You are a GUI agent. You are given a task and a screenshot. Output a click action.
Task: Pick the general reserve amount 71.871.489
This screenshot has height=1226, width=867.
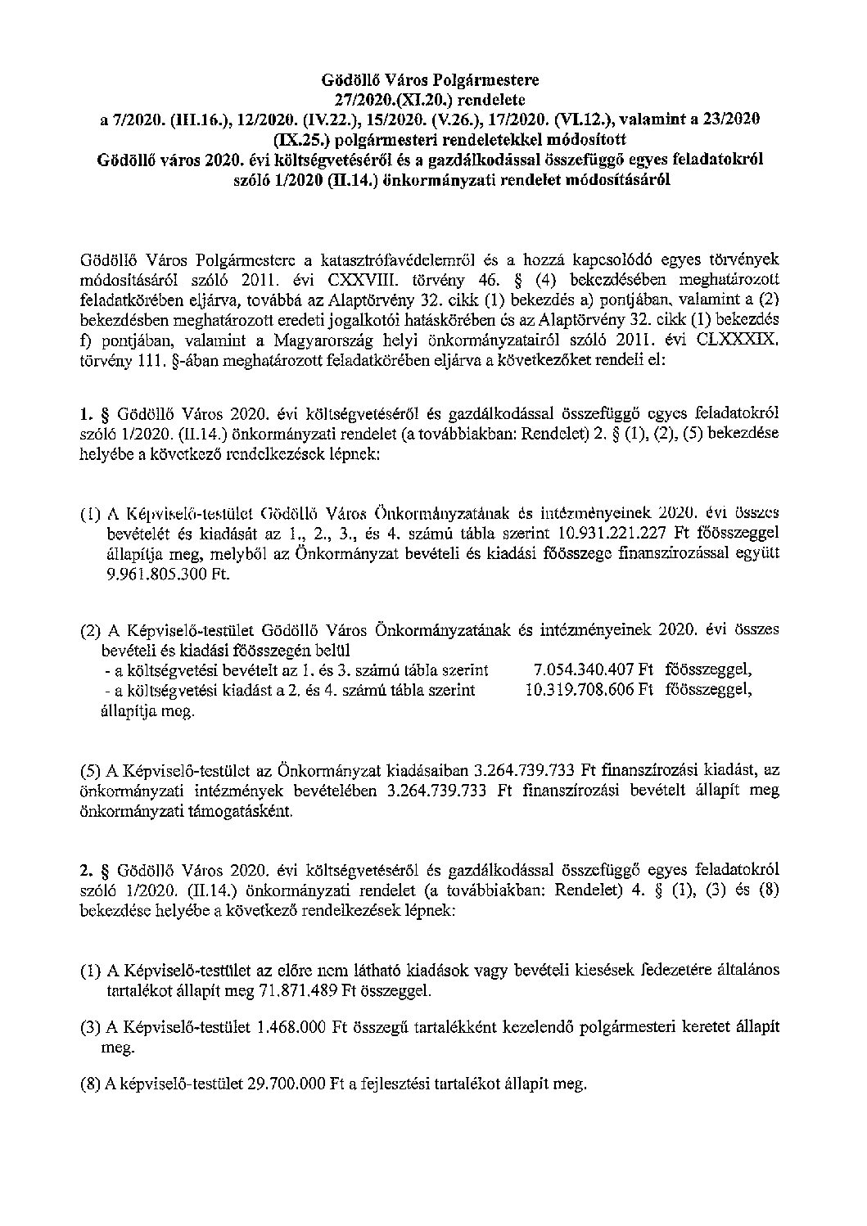click(275, 991)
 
